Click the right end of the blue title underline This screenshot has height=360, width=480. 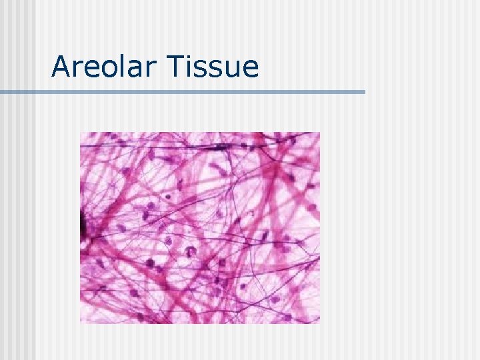click(x=365, y=91)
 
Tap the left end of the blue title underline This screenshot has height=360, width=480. click(x=1, y=91)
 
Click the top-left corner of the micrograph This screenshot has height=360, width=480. click(x=81, y=133)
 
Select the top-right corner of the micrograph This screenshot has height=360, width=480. click(x=319, y=133)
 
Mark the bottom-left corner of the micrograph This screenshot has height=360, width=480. click(x=81, y=323)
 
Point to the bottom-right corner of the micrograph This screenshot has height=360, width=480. click(x=319, y=323)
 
